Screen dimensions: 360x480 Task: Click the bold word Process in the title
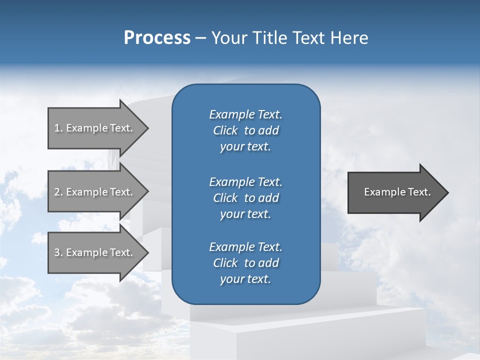157,38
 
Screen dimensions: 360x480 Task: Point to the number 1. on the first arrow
58,128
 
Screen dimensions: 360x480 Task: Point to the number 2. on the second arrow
58,192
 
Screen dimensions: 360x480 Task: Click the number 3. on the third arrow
58,252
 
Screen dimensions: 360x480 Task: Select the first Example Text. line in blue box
245,114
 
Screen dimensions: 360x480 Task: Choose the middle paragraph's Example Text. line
245,181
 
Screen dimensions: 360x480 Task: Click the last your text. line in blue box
245,279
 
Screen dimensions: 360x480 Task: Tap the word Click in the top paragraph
225,130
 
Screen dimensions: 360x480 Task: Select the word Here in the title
349,38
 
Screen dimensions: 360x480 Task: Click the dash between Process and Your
200,38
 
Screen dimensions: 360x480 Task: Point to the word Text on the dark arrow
418,192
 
